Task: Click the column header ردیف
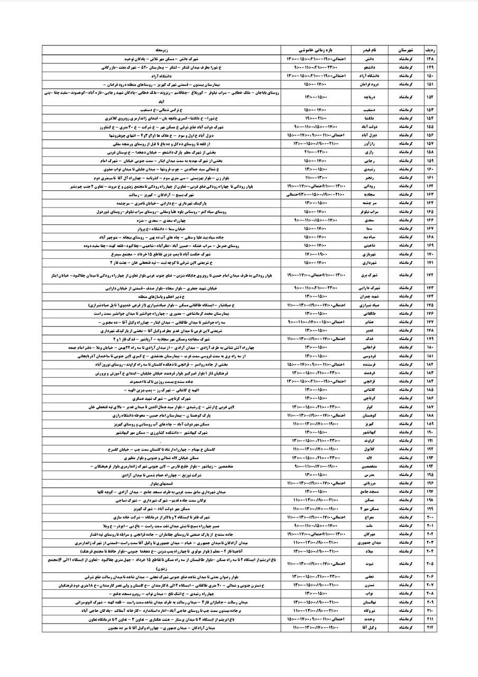pos(427,49)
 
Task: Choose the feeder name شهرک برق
pos(371,275)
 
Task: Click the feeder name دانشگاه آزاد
pos(371,76)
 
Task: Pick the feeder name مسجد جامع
pos(371,491)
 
